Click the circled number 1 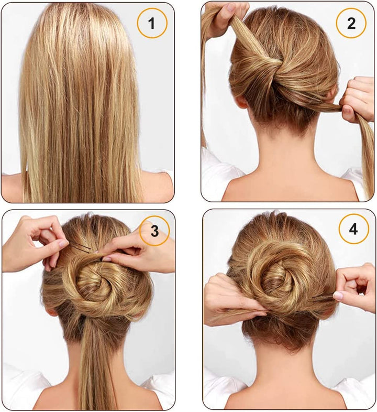point(152,24)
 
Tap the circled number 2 point(351,23)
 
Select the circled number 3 point(154,231)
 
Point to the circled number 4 point(353,229)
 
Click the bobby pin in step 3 point(81,247)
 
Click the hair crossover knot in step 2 point(273,66)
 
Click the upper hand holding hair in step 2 point(223,18)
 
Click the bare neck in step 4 point(284,368)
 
